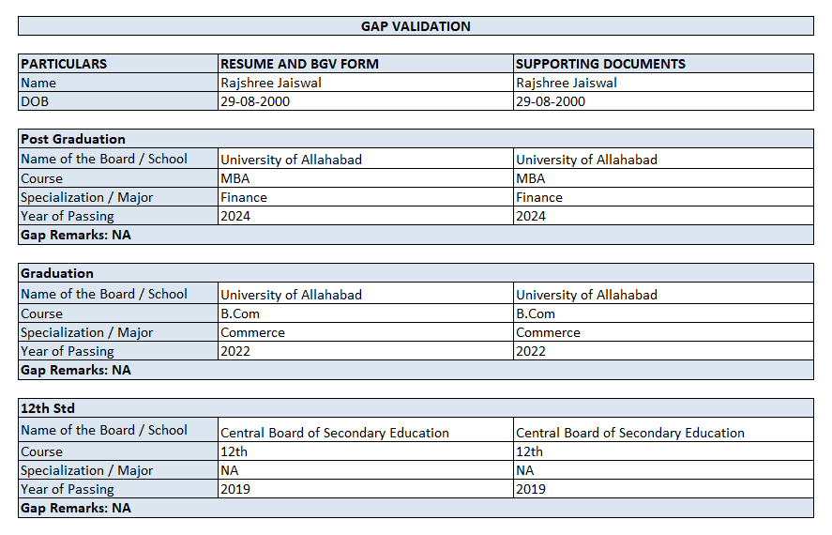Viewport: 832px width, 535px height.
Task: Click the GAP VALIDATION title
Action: pos(416,26)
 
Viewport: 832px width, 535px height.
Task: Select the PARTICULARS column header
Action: pos(64,64)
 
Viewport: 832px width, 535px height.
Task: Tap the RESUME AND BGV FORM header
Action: pos(299,64)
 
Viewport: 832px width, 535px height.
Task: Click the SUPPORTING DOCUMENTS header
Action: pos(600,64)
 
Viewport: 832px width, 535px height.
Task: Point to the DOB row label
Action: pos(35,101)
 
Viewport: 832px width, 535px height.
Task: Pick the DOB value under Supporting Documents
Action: pos(551,101)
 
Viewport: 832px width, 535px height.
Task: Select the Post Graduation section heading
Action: pos(73,139)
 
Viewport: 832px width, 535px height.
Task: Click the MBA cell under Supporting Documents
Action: pos(530,178)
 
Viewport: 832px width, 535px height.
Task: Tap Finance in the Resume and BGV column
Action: pos(244,197)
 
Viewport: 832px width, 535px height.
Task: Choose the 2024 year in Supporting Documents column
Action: pos(531,216)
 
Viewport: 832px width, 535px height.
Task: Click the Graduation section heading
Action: pos(57,273)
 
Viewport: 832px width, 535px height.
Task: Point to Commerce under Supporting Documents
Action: pos(548,332)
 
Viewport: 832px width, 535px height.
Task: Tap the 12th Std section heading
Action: pos(48,408)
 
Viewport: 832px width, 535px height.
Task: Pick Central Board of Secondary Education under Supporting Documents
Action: pos(629,433)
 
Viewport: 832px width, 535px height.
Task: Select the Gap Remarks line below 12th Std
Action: pos(76,508)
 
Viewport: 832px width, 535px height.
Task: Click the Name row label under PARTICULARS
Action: pos(38,83)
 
